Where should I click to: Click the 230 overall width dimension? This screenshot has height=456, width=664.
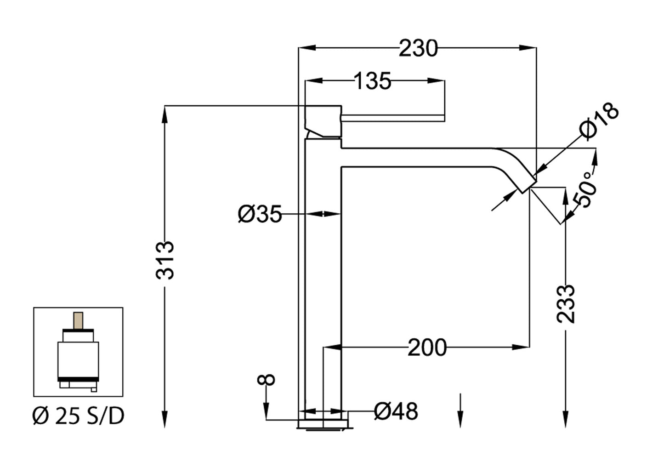[x=418, y=48]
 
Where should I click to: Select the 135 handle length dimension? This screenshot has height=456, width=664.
[x=373, y=81]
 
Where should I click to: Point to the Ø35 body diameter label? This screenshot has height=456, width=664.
[x=260, y=214]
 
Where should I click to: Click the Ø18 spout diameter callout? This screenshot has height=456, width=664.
[x=599, y=120]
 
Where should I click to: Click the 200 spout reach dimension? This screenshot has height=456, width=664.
[x=427, y=348]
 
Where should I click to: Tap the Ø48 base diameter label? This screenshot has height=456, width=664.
[x=396, y=411]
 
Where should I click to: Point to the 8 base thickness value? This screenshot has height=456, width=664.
[x=267, y=379]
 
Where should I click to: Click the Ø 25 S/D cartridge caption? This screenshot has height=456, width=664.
[x=79, y=416]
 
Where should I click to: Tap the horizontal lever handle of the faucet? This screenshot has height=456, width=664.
[x=393, y=118]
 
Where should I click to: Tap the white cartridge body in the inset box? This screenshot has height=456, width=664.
[x=78, y=359]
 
